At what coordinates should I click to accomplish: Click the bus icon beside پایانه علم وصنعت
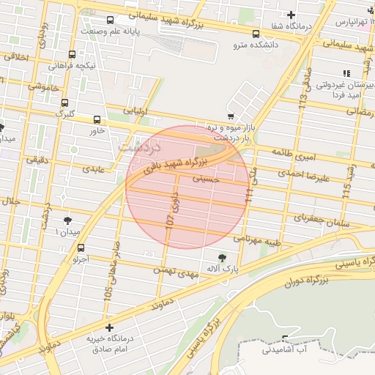click(110, 21)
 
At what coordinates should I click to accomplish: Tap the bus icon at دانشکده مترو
click(256, 34)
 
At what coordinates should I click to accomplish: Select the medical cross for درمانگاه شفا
click(292, 15)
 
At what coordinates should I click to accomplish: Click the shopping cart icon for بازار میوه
click(231, 116)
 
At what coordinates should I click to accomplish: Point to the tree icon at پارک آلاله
click(222, 257)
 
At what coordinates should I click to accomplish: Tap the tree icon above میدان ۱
click(68, 220)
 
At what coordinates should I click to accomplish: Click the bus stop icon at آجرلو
click(81, 248)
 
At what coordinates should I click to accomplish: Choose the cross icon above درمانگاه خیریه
click(110, 327)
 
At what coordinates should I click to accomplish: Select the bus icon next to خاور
click(97, 119)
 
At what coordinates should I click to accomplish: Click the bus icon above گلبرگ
click(65, 103)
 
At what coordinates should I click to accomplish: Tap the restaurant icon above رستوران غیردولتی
click(346, 73)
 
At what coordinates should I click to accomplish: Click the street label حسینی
click(207, 177)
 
